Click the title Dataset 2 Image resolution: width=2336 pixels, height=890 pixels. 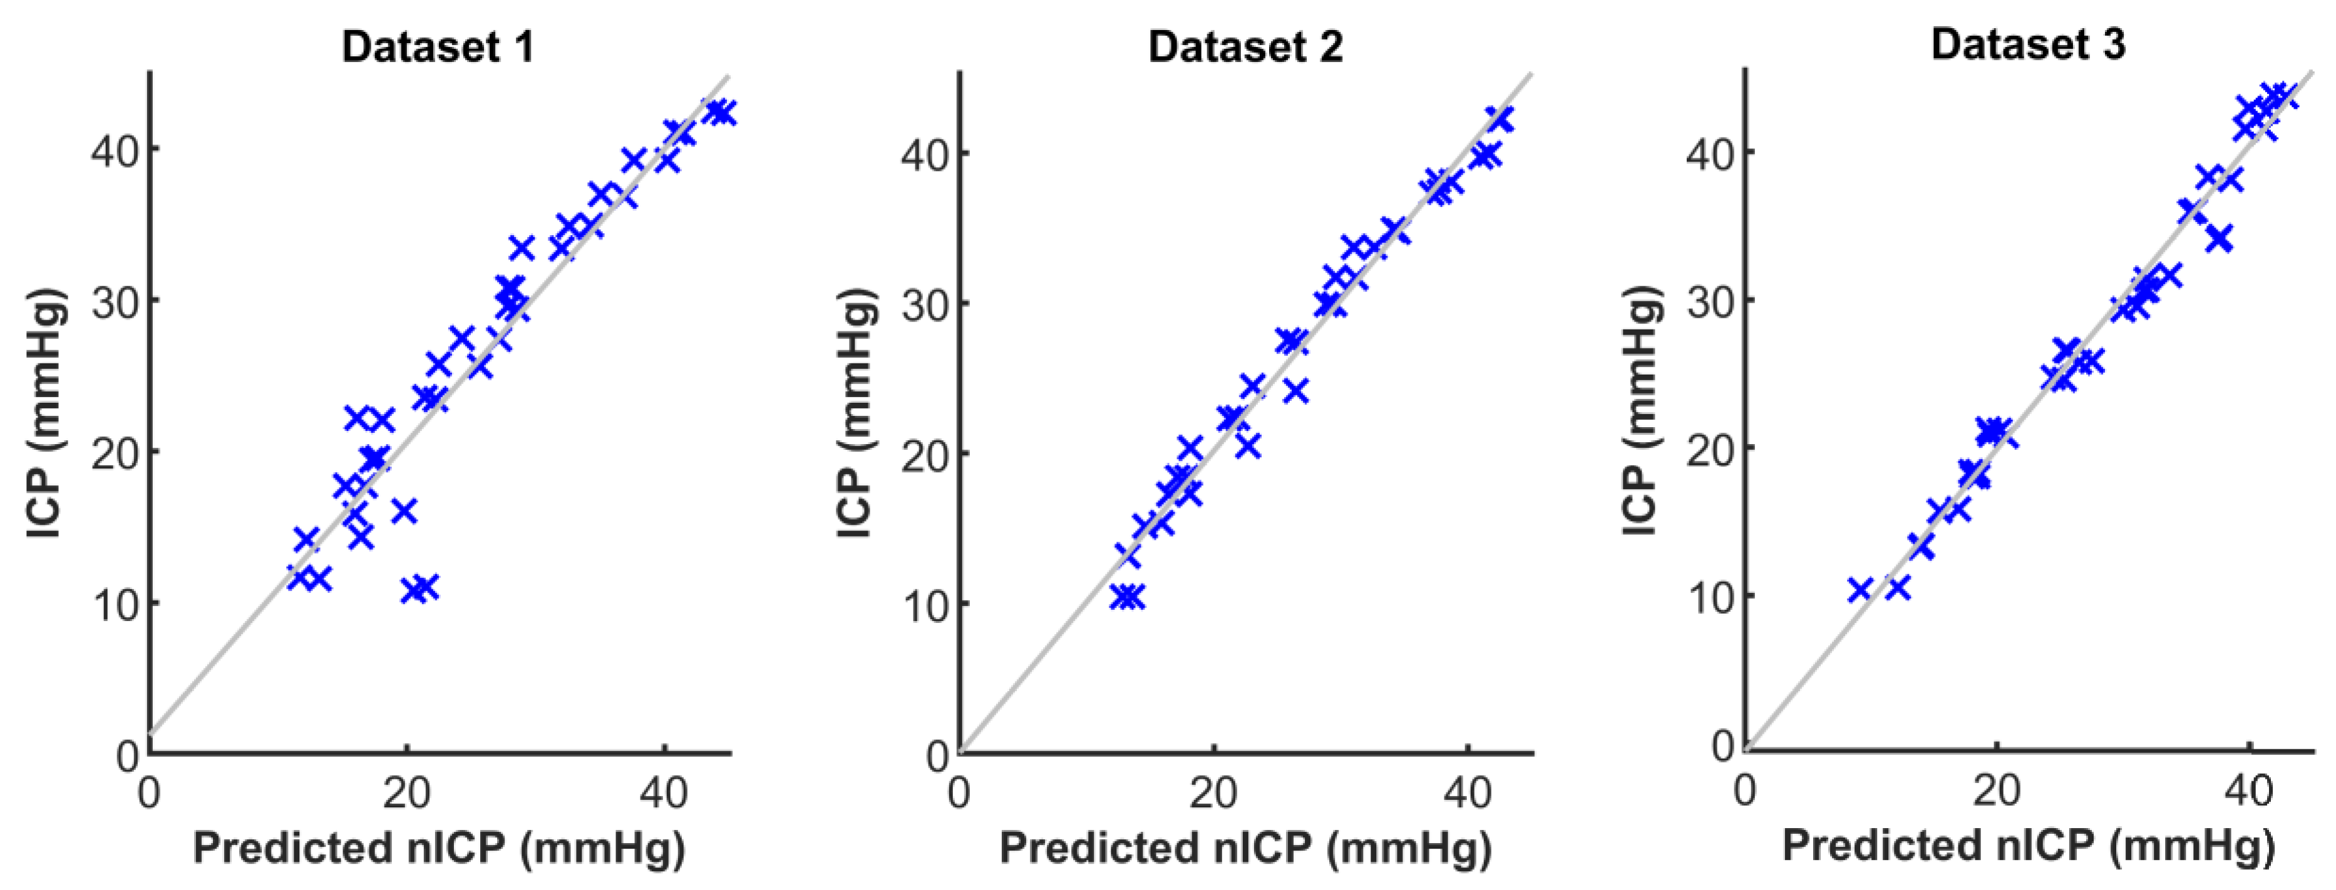click(1245, 46)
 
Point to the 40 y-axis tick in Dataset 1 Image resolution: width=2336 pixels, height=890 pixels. click(115, 149)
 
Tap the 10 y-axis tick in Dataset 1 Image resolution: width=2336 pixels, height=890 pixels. click(115, 604)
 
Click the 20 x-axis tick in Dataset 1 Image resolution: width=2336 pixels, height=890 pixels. click(406, 793)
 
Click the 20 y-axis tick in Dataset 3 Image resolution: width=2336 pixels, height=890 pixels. click(1711, 448)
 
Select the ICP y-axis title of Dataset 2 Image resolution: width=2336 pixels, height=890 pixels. click(855, 413)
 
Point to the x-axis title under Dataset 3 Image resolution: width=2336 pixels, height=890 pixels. click(2029, 846)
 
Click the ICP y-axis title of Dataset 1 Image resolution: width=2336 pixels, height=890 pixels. click(45, 413)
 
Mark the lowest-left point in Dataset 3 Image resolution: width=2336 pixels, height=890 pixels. click(1860, 590)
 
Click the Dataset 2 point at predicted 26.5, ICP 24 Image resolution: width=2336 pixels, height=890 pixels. click(1296, 392)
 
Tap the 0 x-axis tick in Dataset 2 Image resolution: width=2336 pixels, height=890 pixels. click(959, 793)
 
